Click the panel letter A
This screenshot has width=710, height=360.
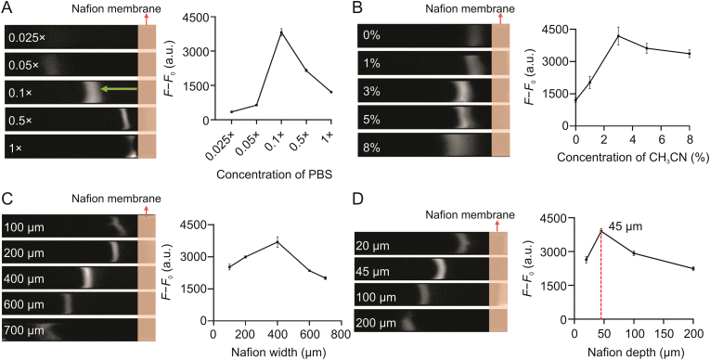click(x=6, y=8)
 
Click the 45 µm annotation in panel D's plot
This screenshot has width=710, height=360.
click(x=624, y=225)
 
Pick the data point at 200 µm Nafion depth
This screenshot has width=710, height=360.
click(x=692, y=269)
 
